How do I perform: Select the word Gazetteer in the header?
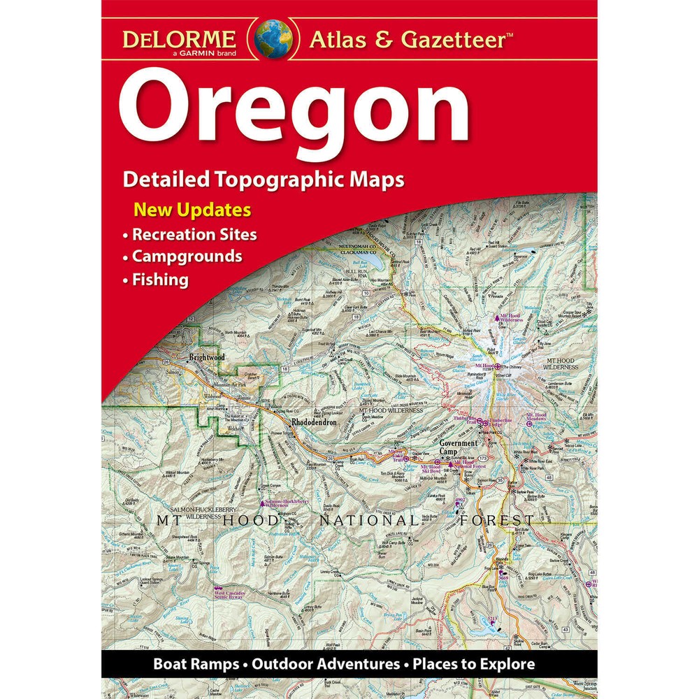coord(453,40)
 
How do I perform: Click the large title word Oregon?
coord(294,112)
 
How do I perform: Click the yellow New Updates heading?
coord(193,210)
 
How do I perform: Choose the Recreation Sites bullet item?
coord(195,234)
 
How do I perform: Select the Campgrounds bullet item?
coord(187,257)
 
